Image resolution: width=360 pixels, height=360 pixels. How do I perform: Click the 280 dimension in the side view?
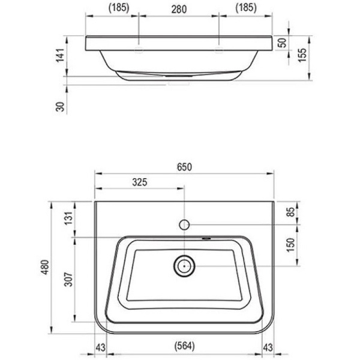pos(179,8)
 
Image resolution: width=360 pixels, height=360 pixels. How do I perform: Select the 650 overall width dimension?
pos(185,167)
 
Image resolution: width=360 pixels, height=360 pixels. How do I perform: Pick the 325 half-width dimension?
pos(139,182)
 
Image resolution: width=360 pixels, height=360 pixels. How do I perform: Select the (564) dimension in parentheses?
pos(185,346)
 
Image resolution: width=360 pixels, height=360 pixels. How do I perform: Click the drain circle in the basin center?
pos(184,265)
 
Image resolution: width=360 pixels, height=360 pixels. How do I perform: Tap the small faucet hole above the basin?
pos(185,225)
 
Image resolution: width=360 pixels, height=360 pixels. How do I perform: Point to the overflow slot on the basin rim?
pos(207,237)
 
